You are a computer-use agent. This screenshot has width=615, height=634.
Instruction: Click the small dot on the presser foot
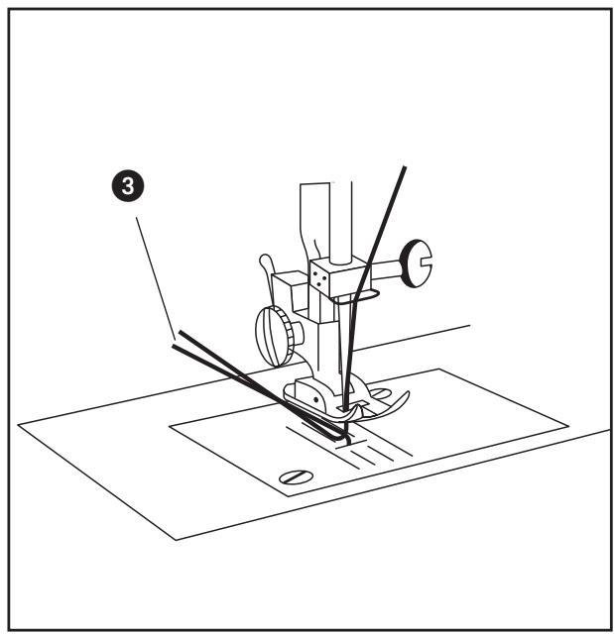click(318, 397)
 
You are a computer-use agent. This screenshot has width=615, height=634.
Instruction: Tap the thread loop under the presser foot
click(337, 431)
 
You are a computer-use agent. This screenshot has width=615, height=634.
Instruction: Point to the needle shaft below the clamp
click(345, 347)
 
